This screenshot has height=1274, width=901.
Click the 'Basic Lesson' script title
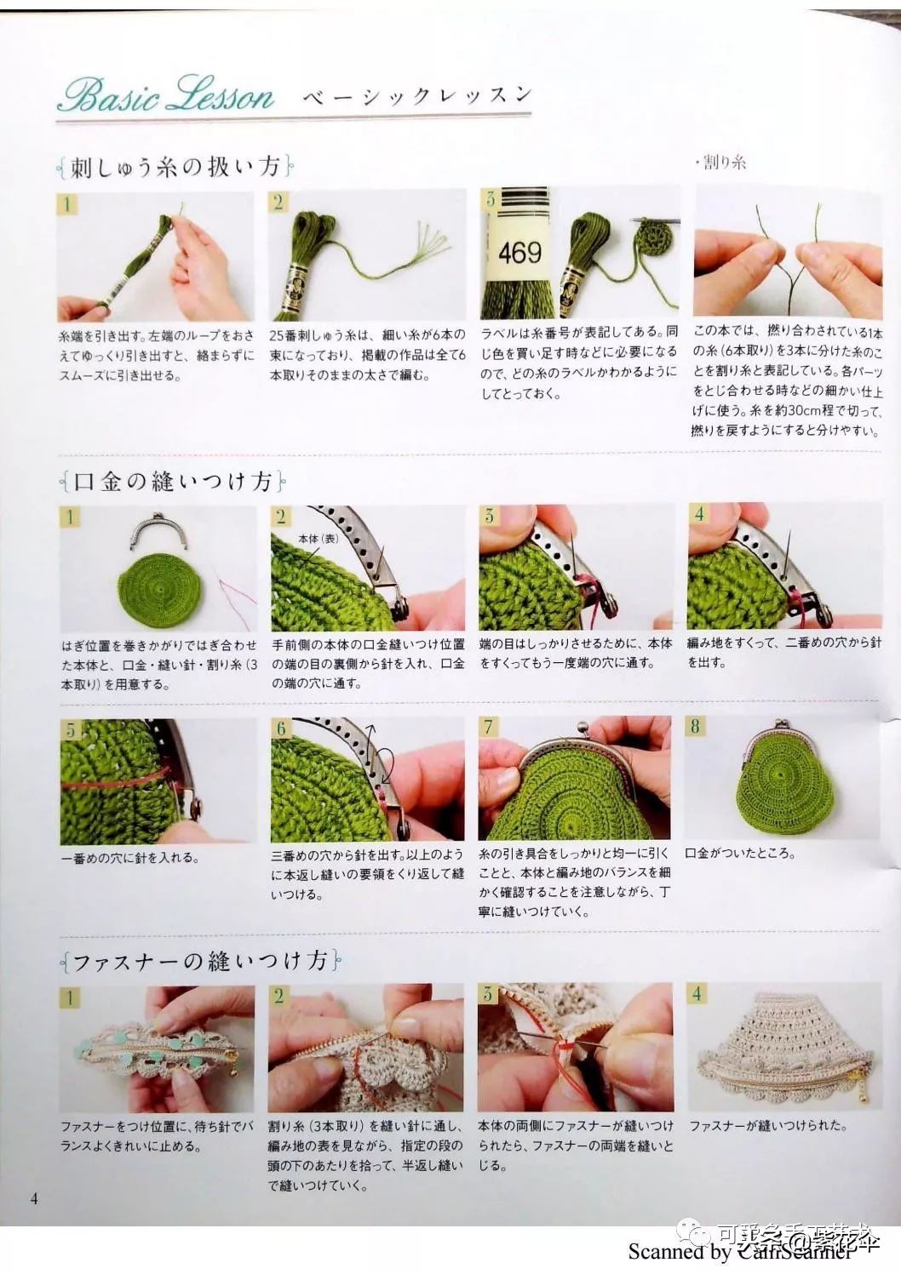tap(166, 94)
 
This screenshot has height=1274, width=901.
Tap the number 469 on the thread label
tap(519, 253)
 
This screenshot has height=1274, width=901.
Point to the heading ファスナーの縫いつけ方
tap(200, 961)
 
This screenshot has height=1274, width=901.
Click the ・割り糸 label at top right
tap(720, 162)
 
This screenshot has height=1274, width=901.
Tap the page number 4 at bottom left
tap(34, 1199)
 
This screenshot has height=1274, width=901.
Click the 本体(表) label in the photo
tap(319, 540)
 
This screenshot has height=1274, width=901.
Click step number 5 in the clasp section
tap(71, 729)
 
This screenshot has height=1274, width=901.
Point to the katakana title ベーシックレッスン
tap(417, 96)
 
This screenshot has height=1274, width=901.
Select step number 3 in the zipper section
tap(488, 994)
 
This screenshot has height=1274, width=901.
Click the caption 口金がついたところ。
tap(741, 853)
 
